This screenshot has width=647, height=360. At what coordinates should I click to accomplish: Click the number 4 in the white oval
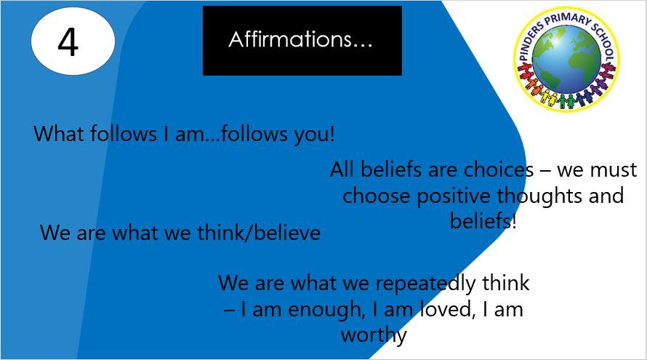click(x=68, y=42)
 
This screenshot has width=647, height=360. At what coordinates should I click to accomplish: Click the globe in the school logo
click(x=566, y=60)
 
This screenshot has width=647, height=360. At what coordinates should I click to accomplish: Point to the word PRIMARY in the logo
click(x=567, y=20)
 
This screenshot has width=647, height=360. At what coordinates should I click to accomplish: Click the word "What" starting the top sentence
click(x=60, y=134)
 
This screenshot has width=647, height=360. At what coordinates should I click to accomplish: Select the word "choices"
click(x=499, y=169)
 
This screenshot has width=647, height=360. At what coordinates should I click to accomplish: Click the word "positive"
click(x=454, y=196)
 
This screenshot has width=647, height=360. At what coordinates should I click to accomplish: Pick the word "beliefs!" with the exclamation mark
click(x=483, y=220)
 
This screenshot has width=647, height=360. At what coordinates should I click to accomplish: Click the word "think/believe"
click(x=259, y=233)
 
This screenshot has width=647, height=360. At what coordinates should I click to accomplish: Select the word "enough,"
click(x=327, y=310)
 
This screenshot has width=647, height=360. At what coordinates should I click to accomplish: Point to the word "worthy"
click(x=374, y=335)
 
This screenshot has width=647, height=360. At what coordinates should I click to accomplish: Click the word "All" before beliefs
click(x=342, y=169)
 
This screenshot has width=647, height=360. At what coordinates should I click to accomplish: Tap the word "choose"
click(x=377, y=196)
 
